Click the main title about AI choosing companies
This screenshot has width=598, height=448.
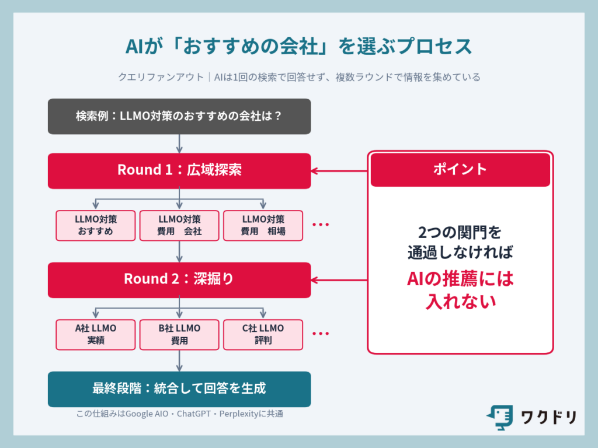(298, 47)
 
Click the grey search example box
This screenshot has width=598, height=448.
(179, 116)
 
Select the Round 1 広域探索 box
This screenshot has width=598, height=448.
(179, 170)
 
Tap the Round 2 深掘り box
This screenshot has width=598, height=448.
(179, 279)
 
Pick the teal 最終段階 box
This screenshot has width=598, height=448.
(179, 388)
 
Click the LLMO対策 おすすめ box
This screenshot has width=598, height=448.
(96, 225)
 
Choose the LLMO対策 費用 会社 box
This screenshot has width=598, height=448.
(179, 225)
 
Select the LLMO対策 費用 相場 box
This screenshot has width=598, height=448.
(263, 225)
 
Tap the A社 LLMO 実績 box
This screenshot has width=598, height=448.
(96, 334)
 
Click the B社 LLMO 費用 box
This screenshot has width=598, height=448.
(179, 334)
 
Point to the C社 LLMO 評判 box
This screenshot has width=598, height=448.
(263, 334)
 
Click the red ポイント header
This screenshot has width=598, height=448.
(460, 170)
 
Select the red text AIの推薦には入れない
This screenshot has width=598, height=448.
(460, 290)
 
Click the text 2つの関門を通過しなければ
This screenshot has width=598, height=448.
(460, 242)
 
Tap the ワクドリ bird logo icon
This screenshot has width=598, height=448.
(499, 417)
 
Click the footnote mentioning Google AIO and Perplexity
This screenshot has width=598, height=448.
(180, 414)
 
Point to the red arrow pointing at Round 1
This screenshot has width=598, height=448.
(339, 171)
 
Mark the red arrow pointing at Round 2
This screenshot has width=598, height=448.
(339, 279)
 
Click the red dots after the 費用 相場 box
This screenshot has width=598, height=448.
(321, 225)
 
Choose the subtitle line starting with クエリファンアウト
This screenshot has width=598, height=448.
(298, 77)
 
